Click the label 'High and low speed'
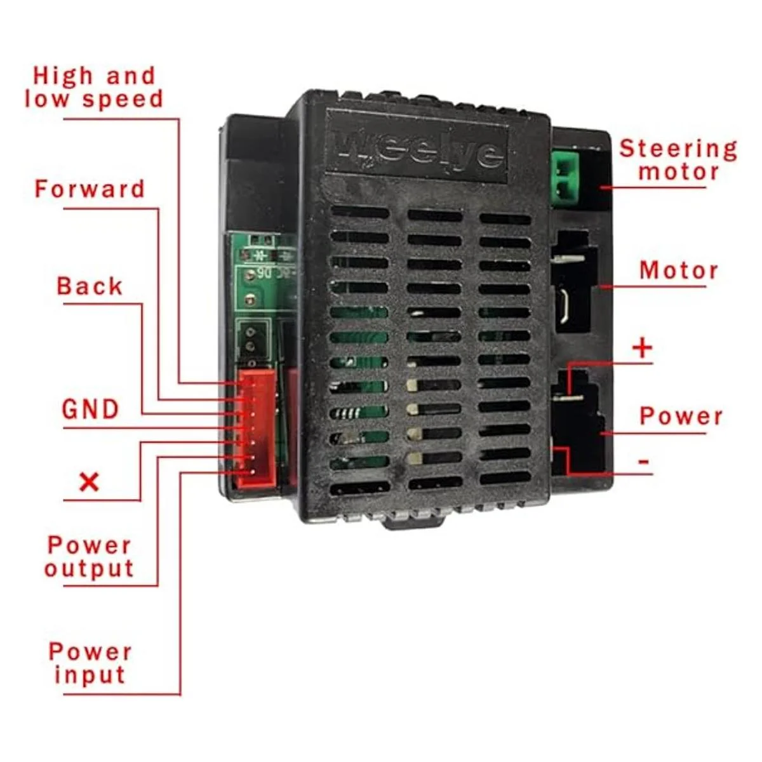pyautogui.click(x=94, y=88)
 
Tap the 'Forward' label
pyautogui.click(x=90, y=189)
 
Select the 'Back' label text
pyautogui.click(x=90, y=286)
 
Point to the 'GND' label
pyautogui.click(x=90, y=409)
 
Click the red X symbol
pyautogui.click(x=89, y=482)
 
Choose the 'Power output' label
pyautogui.click(x=90, y=557)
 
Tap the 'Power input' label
pyautogui.click(x=90, y=663)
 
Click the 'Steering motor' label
pyautogui.click(x=678, y=160)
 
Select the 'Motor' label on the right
pyautogui.click(x=678, y=271)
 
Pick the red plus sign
pyautogui.click(x=643, y=348)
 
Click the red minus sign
pyautogui.click(x=643, y=461)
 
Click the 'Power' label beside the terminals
pyautogui.click(x=681, y=417)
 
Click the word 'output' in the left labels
pyautogui.click(x=90, y=569)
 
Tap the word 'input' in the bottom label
pyautogui.click(x=90, y=675)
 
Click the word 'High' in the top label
pyautogui.click(x=62, y=76)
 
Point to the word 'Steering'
pyautogui.click(x=678, y=149)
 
